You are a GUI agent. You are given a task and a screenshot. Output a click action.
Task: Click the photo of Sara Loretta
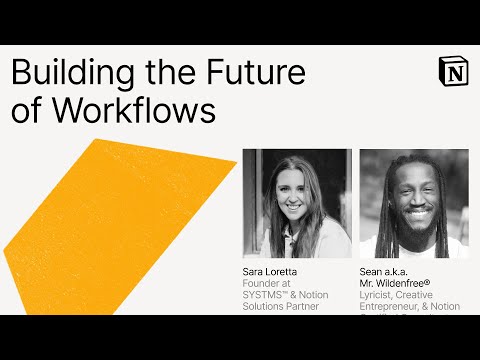297,204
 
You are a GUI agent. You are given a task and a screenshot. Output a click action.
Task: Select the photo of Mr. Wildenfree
414,204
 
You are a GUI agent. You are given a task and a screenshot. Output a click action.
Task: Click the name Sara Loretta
271,272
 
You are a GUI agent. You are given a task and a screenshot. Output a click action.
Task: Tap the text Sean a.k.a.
387,272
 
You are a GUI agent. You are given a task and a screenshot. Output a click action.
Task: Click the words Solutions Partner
281,306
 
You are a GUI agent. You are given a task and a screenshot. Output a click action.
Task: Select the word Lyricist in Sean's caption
378,295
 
